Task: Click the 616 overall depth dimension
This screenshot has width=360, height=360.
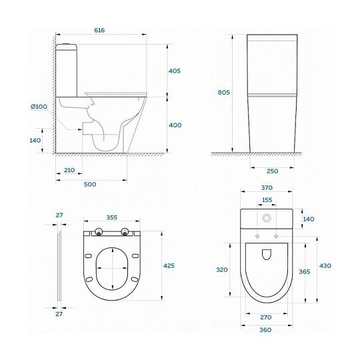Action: [99, 30]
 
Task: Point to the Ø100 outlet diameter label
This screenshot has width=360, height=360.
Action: [39, 107]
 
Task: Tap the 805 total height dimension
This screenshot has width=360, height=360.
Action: [223, 92]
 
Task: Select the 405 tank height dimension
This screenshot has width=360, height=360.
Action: [175, 71]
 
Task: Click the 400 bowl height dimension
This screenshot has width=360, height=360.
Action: [175, 125]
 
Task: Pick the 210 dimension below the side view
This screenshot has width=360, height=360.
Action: [69, 170]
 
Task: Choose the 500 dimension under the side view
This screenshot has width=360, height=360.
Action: [90, 184]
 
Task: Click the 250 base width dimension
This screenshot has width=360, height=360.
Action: [273, 171]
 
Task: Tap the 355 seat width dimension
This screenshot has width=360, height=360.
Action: [112, 217]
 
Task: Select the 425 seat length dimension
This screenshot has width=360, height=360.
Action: [169, 265]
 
